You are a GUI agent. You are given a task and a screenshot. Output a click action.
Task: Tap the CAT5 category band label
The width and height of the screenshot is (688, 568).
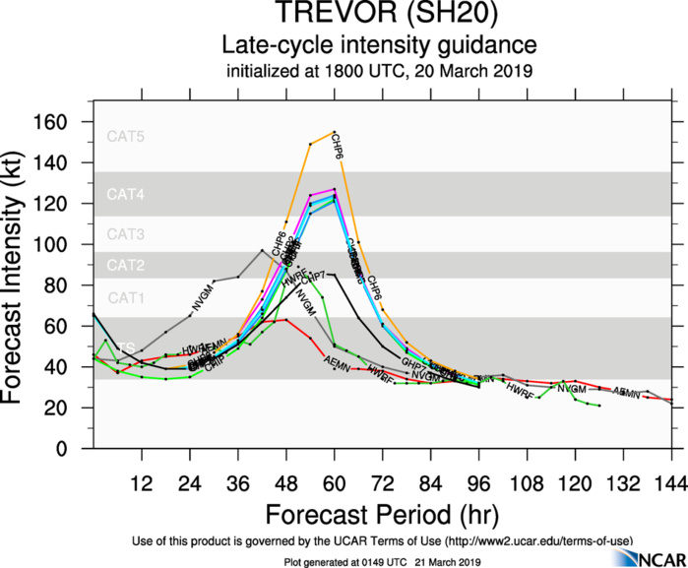[x=126, y=137]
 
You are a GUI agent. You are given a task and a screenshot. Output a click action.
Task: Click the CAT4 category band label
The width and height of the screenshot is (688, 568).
[x=126, y=196]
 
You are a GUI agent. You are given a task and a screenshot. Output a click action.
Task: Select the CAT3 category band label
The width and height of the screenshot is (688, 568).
[x=126, y=234]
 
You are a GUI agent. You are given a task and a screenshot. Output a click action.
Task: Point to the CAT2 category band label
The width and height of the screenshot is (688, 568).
[x=126, y=265]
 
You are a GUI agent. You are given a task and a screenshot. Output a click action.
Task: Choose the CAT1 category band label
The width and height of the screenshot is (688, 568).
[x=126, y=297]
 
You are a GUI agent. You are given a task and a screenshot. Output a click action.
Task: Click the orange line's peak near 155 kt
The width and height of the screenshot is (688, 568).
[x=335, y=132]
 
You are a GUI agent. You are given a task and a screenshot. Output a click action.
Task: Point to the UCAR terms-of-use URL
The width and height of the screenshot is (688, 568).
[x=537, y=541]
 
